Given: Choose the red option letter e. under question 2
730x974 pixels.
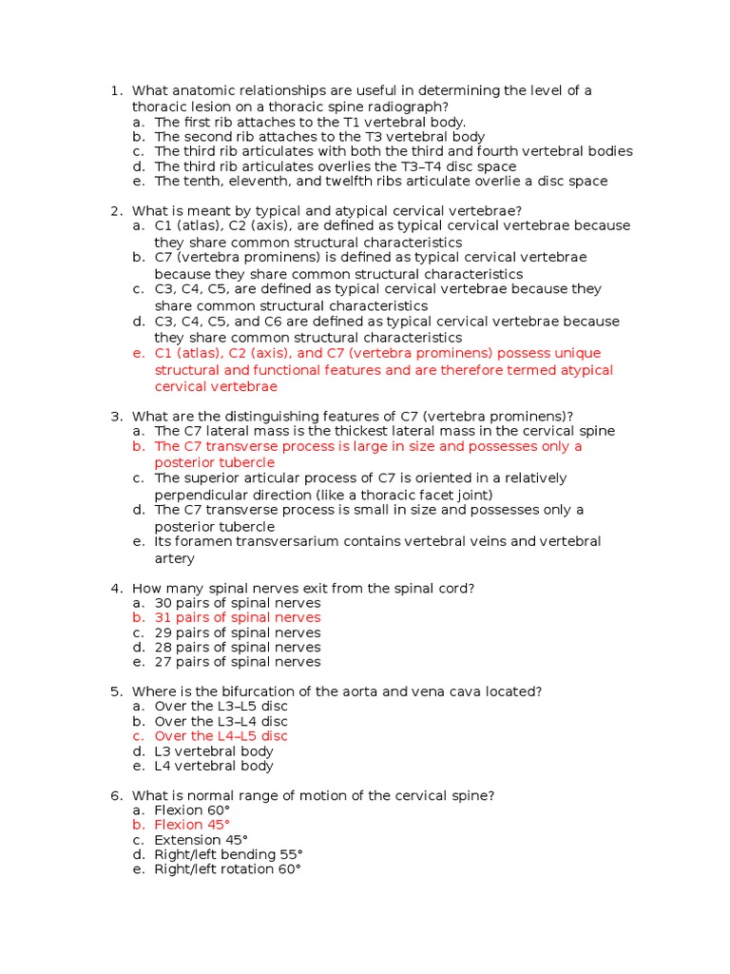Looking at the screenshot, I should coord(139,354).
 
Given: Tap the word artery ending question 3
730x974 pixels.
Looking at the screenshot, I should coord(175,558).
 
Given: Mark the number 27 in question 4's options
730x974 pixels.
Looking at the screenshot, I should coord(163,662).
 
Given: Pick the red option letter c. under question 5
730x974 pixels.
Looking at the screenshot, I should coord(139,736).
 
